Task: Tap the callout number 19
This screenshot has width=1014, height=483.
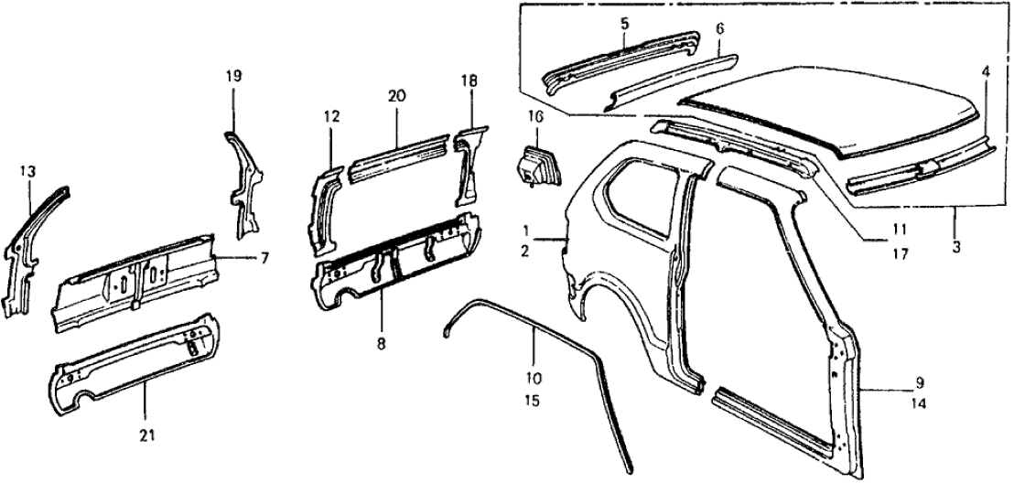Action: click(x=233, y=77)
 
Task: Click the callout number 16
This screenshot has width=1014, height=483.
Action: click(x=535, y=116)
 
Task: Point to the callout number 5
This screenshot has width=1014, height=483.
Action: click(x=624, y=24)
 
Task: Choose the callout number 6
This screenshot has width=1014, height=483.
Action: click(x=719, y=30)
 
